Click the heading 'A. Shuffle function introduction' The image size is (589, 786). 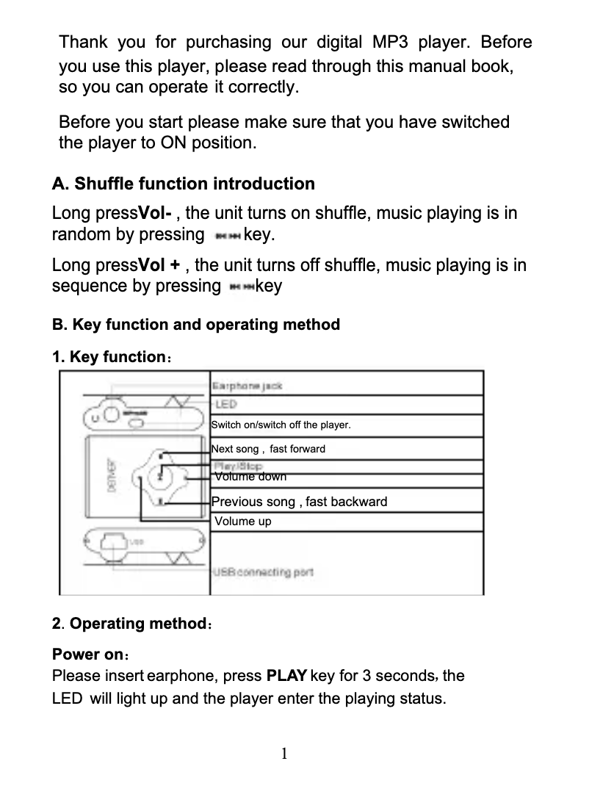pyautogui.click(x=183, y=184)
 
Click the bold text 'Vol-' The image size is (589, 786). pyautogui.click(x=156, y=214)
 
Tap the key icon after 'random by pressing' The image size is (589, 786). pyautogui.click(x=226, y=237)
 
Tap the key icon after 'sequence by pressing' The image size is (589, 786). pyautogui.click(x=242, y=287)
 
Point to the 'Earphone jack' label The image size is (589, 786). pyautogui.click(x=247, y=386)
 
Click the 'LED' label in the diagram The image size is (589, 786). pyautogui.click(x=225, y=405)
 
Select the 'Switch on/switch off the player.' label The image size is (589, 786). pyautogui.click(x=281, y=425)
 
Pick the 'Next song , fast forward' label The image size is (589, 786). pyautogui.click(x=268, y=449)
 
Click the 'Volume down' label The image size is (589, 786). pyautogui.click(x=250, y=477)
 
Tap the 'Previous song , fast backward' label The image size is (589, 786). pyautogui.click(x=299, y=502)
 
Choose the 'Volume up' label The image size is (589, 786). pyautogui.click(x=242, y=522)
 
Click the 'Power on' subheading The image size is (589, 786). pyautogui.click(x=87, y=655)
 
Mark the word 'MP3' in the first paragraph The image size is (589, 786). pyautogui.click(x=390, y=41)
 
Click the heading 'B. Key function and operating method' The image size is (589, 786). pyautogui.click(x=196, y=325)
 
